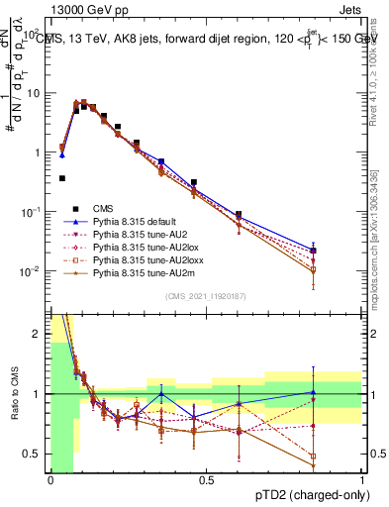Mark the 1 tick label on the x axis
tap(362, 480)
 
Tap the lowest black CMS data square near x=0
tap(62, 178)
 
